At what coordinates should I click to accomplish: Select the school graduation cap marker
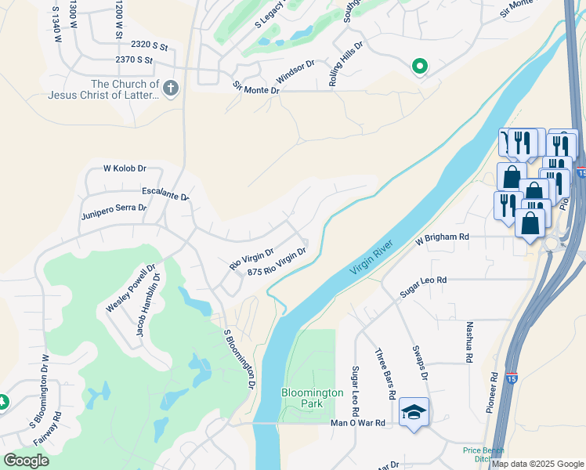point(414,412)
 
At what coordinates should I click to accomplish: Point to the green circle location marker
point(419,67)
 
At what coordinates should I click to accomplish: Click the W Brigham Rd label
point(442,237)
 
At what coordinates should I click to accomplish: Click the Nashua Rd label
point(468,342)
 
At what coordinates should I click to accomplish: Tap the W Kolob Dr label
point(125,168)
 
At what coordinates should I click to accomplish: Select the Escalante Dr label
point(165,193)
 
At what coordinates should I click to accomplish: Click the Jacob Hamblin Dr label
point(149,304)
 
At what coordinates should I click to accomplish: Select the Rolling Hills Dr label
point(347,63)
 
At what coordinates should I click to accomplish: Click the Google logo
point(26,461)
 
